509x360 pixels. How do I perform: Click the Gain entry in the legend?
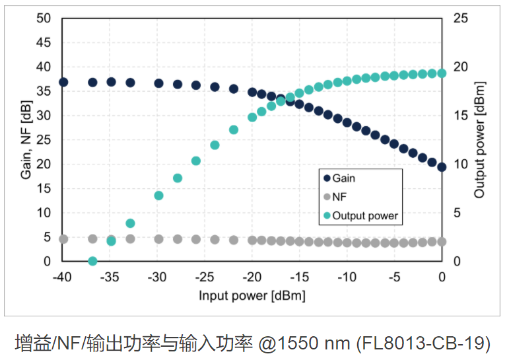coord(343,178)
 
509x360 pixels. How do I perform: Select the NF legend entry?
coord(339,197)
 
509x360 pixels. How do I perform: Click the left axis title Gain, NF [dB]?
coord(26,140)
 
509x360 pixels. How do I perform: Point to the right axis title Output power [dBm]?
coord(480,140)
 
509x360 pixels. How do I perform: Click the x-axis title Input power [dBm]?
coord(252,295)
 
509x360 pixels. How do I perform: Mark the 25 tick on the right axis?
coord(461,18)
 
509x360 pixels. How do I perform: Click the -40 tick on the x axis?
coord(63,277)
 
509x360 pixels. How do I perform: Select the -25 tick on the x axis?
coord(205,277)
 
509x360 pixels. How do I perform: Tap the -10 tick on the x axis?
coord(347,277)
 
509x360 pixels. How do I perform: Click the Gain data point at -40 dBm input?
coord(63,82)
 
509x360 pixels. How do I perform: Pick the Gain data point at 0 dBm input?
coord(442,167)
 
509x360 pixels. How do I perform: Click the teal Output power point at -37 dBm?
coord(92,262)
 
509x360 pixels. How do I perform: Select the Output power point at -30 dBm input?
coord(158,196)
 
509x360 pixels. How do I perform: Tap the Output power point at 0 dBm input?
coord(442,73)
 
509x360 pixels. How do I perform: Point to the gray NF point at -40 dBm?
coord(63,239)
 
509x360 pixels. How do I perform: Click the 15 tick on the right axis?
coord(461,116)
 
